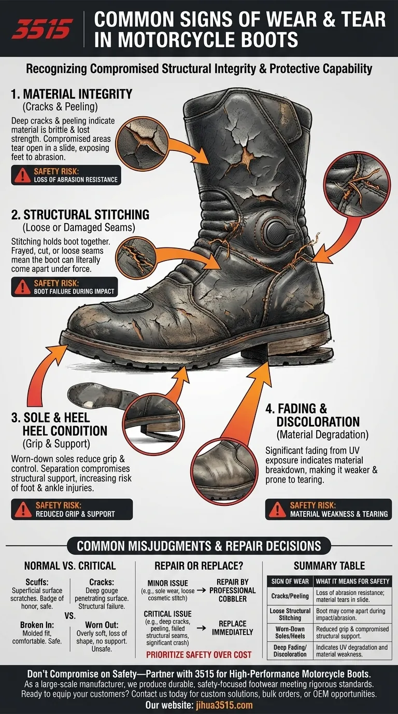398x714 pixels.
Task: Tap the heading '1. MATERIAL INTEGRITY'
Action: click(x=72, y=94)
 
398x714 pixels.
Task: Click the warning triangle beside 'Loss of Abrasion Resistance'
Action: click(x=22, y=175)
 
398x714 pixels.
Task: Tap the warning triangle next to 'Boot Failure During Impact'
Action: click(x=22, y=287)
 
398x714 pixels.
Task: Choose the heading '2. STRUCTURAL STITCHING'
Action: click(x=80, y=215)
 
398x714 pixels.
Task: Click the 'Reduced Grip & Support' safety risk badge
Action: click(x=72, y=510)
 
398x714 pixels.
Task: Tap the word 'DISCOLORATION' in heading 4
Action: click(x=318, y=422)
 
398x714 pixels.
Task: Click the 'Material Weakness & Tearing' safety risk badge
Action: click(x=328, y=510)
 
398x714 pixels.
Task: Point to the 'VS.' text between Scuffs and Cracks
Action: click(x=70, y=616)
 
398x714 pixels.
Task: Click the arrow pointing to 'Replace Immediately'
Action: click(x=201, y=628)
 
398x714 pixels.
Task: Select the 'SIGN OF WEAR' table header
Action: click(x=290, y=581)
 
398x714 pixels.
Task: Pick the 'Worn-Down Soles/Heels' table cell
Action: click(x=290, y=633)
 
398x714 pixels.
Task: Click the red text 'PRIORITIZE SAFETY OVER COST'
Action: click(x=198, y=655)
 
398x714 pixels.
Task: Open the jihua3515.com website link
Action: click(x=224, y=705)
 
